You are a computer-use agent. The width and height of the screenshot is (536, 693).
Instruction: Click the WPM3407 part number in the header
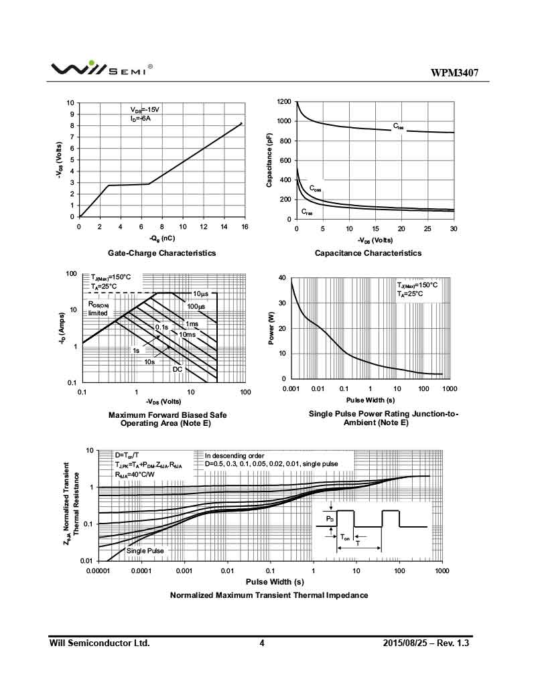(x=454, y=73)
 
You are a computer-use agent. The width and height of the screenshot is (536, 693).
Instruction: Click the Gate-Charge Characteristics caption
(x=162, y=253)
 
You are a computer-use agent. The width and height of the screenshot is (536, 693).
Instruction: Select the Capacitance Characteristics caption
(x=368, y=253)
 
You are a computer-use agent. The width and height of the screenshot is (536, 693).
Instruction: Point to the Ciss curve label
(x=398, y=127)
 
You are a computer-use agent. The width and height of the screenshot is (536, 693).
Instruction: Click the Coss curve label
(x=315, y=189)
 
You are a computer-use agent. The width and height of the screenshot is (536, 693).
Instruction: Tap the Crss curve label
(x=307, y=212)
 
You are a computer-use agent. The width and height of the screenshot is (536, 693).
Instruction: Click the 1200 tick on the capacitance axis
(x=284, y=102)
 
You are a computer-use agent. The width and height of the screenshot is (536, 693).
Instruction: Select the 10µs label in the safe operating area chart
(x=200, y=295)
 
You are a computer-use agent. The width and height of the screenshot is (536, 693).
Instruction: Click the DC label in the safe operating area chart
(x=178, y=369)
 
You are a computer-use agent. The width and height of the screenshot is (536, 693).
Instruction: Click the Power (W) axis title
(x=271, y=328)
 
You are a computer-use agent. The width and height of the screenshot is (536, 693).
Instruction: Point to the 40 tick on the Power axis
(x=282, y=278)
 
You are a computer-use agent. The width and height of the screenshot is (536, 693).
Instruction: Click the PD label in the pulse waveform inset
(x=329, y=519)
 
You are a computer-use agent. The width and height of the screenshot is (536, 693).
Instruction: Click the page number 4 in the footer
(x=262, y=643)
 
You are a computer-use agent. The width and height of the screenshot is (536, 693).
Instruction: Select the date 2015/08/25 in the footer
(x=408, y=643)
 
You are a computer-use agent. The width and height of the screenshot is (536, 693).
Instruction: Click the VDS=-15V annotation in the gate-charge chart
(x=145, y=109)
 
